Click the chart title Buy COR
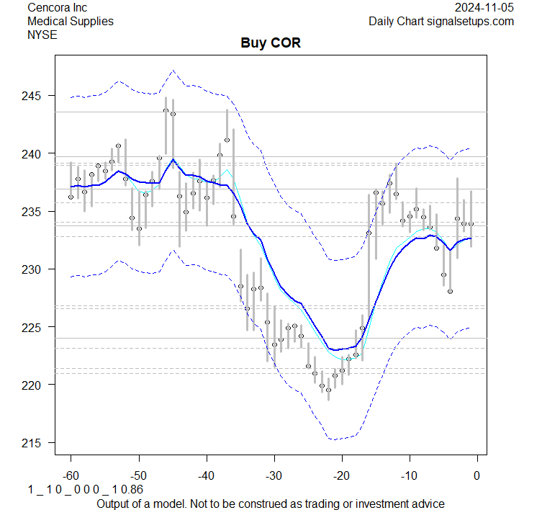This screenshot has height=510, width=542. (x=270, y=43)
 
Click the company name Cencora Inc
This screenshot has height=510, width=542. (x=57, y=8)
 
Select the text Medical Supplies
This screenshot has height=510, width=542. (x=70, y=21)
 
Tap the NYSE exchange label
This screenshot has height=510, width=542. (x=42, y=34)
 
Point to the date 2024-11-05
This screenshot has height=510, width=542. (x=484, y=8)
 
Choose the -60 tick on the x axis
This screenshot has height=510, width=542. (x=71, y=476)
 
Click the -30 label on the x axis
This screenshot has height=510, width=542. (x=274, y=476)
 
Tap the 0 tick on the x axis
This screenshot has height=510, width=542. (x=476, y=476)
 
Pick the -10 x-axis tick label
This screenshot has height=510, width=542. (x=409, y=476)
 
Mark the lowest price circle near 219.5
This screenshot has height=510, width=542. (x=328, y=390)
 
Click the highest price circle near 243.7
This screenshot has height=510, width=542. (x=166, y=110)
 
